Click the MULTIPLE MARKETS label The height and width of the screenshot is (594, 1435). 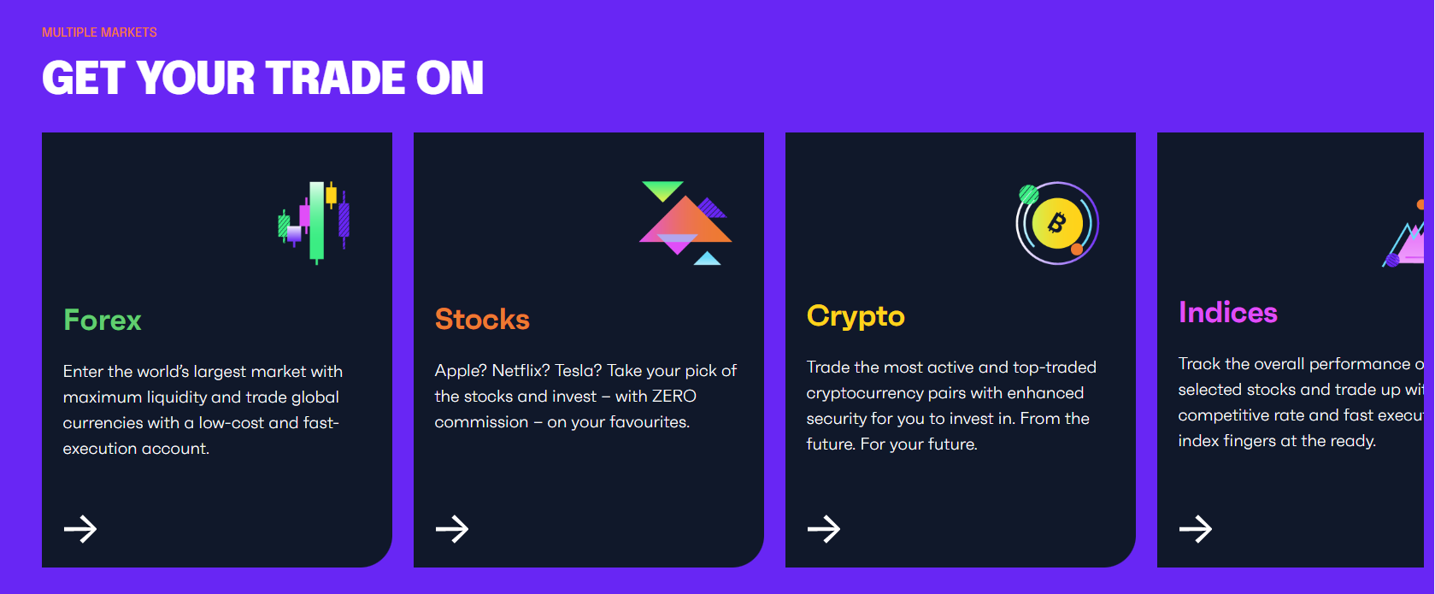99,32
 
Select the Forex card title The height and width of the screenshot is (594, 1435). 103,321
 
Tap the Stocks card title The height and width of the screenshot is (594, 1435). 482,320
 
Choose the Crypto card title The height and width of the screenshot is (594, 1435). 856,316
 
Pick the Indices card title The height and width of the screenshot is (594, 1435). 1227,313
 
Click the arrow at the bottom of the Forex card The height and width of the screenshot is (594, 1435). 80,529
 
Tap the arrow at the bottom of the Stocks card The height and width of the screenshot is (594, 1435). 452,529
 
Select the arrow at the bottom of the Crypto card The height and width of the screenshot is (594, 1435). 824,529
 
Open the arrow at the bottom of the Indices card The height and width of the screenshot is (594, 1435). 1196,529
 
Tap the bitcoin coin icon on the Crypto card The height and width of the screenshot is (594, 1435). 1057,223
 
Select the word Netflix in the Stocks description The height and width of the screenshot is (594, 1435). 520,371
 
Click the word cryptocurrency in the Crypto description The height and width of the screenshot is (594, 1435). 857,393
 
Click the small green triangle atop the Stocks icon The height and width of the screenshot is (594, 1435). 662,190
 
